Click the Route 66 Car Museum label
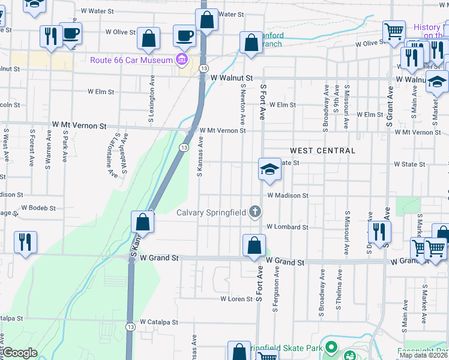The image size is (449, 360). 131,59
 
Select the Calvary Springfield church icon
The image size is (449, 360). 255,212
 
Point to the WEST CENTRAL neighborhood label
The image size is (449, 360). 322,151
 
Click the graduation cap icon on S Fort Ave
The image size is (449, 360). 270,169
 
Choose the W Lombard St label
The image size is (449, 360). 288,227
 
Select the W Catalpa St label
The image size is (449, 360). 159,322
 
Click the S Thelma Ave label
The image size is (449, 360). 339,289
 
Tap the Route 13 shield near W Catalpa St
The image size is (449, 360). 130,326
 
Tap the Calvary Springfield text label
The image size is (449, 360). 212,212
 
